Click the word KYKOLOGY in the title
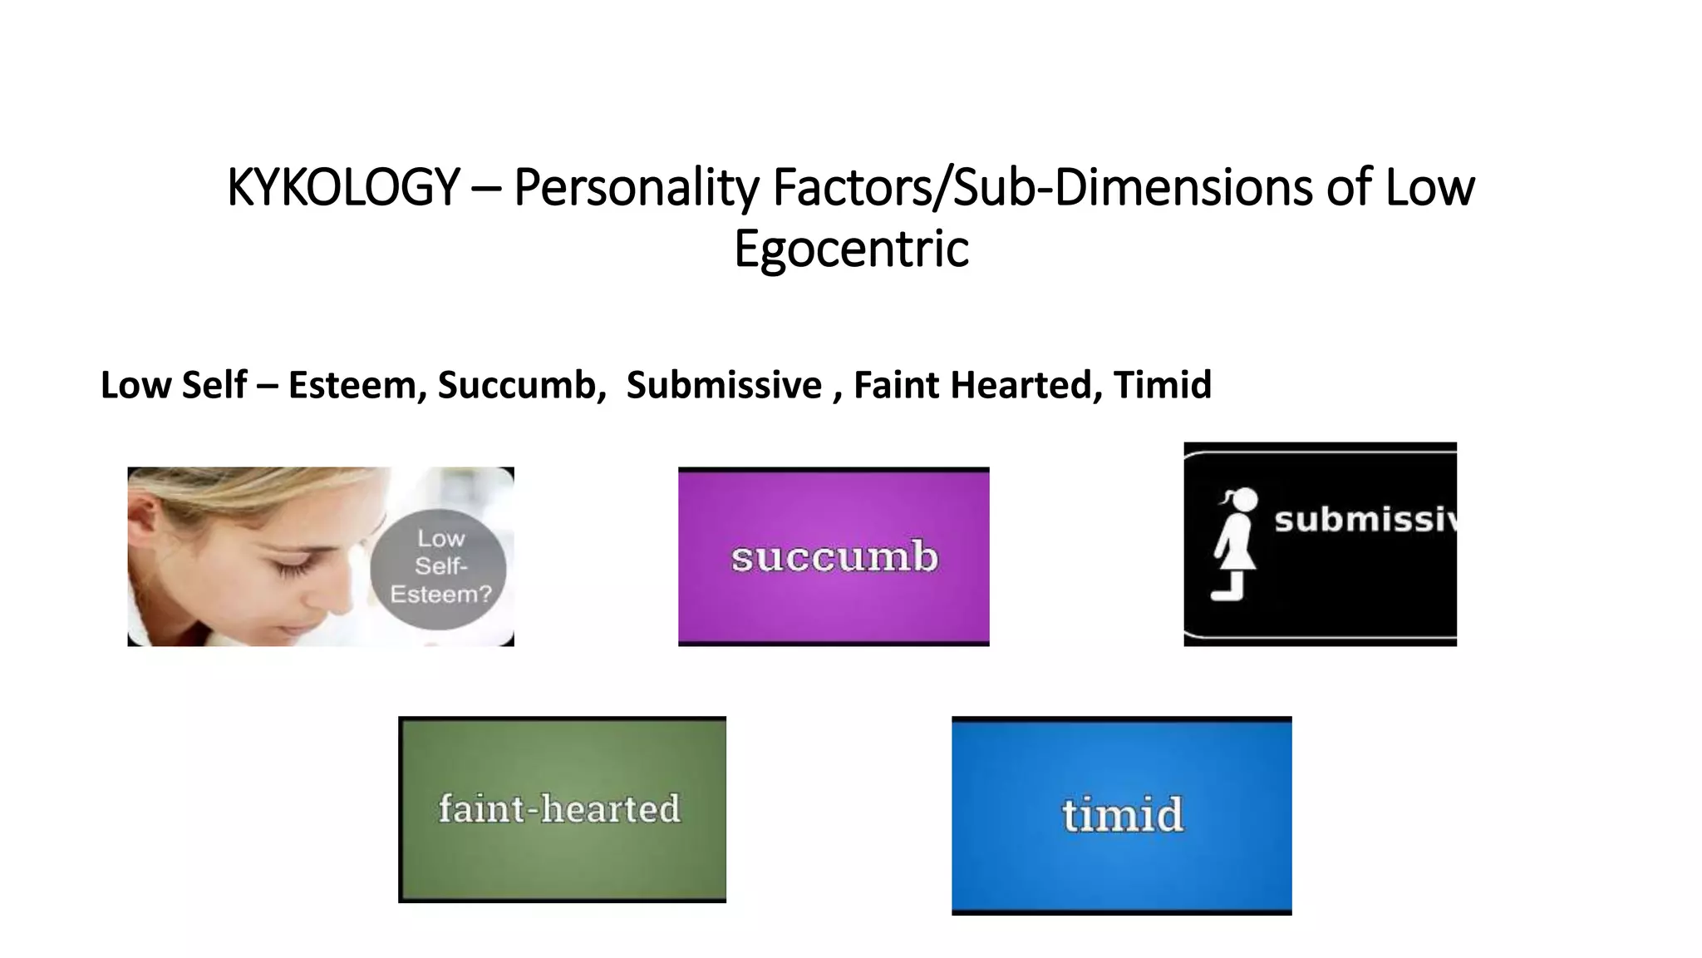coord(343,187)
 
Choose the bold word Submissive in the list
coord(724,385)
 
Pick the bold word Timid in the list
coord(1162,385)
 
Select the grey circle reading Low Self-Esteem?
coord(439,567)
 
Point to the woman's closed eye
coord(289,570)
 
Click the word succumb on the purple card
coord(834,556)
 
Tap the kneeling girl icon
coord(1235,545)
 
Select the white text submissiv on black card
coord(1365,520)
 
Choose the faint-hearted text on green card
coord(559,808)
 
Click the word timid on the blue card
coord(1122,814)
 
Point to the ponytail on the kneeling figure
coord(1226,498)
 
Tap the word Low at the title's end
coord(1429,187)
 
